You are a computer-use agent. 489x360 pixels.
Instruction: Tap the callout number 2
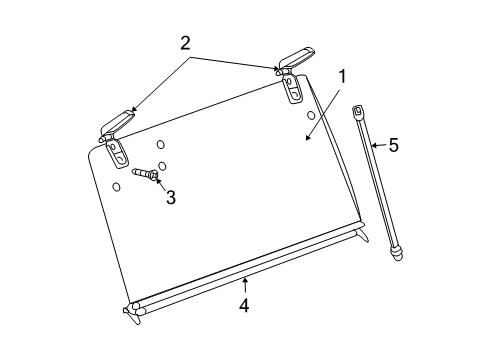[184, 43]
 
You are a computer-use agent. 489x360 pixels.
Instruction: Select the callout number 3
[171, 198]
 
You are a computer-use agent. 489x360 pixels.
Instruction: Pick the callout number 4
[244, 306]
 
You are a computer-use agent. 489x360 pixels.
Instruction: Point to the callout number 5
[394, 146]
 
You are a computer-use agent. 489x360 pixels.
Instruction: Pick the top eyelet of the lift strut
[358, 112]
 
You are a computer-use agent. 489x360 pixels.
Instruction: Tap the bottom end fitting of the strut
[398, 253]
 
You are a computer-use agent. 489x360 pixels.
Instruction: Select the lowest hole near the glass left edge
[116, 186]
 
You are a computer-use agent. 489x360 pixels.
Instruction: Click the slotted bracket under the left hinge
[117, 153]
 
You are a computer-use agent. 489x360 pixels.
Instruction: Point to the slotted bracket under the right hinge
[295, 90]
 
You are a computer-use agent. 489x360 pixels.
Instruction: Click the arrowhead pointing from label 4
[243, 279]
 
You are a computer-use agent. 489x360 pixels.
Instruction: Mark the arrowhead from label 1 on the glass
[306, 137]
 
